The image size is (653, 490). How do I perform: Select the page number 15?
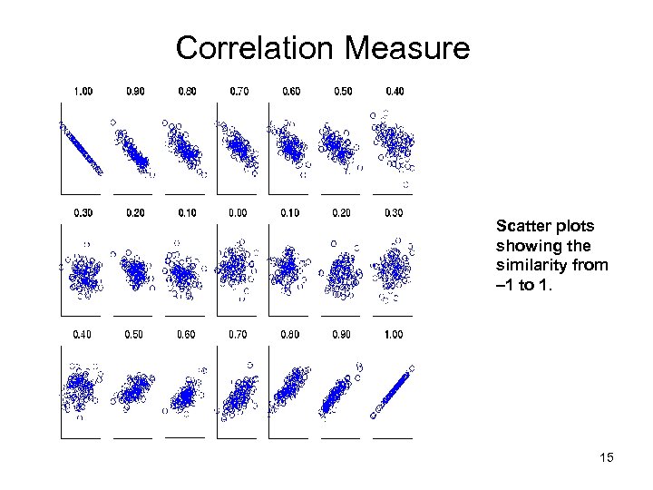[x=606, y=457]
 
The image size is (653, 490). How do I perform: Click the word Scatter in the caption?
[x=520, y=225]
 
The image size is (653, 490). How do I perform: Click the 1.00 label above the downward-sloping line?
[x=83, y=91]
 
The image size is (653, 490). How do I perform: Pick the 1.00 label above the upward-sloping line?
[x=395, y=335]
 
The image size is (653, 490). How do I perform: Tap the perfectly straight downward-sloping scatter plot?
[x=82, y=148]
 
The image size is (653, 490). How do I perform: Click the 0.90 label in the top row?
[x=134, y=91]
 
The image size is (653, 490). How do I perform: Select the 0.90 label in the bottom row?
[x=343, y=335]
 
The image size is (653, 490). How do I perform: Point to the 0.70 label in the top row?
[x=239, y=91]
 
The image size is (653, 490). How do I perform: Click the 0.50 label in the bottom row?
[x=134, y=335]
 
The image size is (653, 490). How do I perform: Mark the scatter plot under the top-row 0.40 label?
[x=394, y=145]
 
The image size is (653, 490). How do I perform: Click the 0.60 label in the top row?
[x=292, y=91]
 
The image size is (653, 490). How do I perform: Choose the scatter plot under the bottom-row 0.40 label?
[x=82, y=390]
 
